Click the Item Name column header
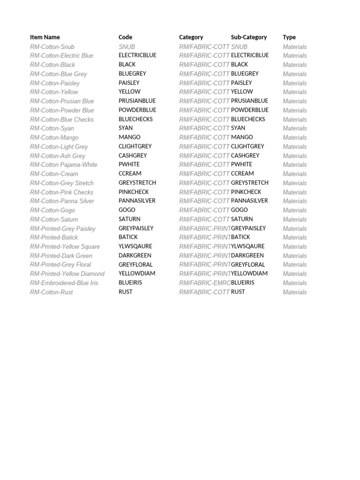point(45,37)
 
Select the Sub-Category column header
point(249,37)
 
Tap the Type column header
point(289,37)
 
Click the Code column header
point(126,37)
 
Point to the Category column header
point(191,37)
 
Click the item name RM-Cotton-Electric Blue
point(61,56)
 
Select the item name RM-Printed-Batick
point(54,238)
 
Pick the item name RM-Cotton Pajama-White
point(64,165)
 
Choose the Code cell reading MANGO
point(129,137)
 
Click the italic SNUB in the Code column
point(127,47)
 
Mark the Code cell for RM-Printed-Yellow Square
point(135,247)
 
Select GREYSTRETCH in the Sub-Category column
point(250,183)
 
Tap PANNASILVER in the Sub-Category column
point(249,201)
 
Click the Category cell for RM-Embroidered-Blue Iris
point(205,283)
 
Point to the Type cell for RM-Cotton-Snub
point(295,47)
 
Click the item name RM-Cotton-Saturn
point(54,219)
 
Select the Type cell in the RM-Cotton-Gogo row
point(295,210)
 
